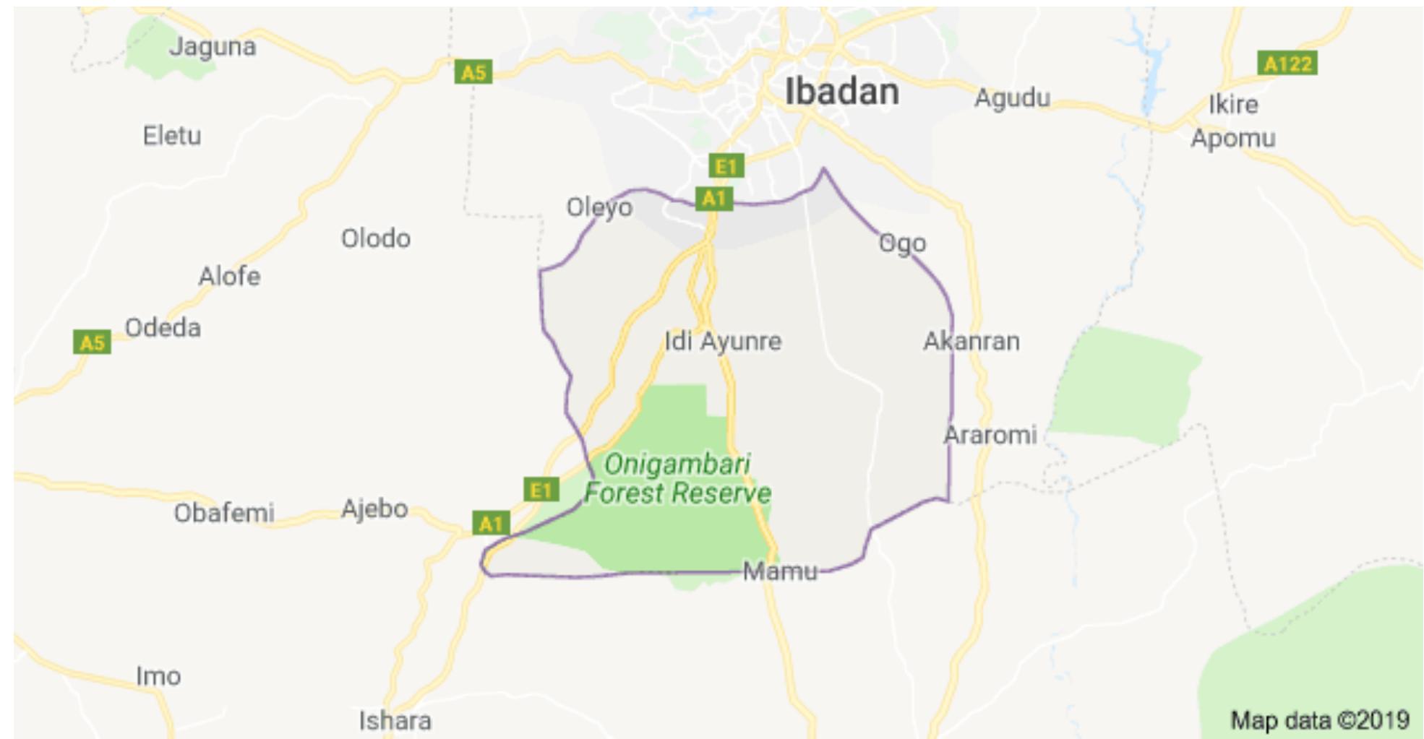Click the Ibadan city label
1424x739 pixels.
(x=841, y=92)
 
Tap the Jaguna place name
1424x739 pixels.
(x=213, y=47)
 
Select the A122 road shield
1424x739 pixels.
(x=1287, y=64)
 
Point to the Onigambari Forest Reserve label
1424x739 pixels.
(x=677, y=478)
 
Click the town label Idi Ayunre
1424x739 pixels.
(x=723, y=341)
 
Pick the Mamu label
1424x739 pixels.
(x=780, y=571)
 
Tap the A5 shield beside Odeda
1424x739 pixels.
(x=93, y=342)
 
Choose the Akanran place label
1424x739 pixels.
(x=972, y=341)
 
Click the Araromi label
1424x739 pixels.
(x=990, y=435)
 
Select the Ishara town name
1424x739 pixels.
(x=395, y=720)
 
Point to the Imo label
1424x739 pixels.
(x=158, y=676)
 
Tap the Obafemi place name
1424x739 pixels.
(x=224, y=513)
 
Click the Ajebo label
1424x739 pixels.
(x=374, y=509)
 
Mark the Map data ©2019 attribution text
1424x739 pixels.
(x=1319, y=720)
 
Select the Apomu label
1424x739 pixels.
(x=1233, y=138)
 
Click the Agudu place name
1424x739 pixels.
(x=1012, y=98)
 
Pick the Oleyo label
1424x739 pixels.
(x=599, y=207)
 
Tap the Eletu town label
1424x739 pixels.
(x=172, y=135)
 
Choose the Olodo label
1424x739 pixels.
(x=376, y=238)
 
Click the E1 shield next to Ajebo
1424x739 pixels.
(x=541, y=490)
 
